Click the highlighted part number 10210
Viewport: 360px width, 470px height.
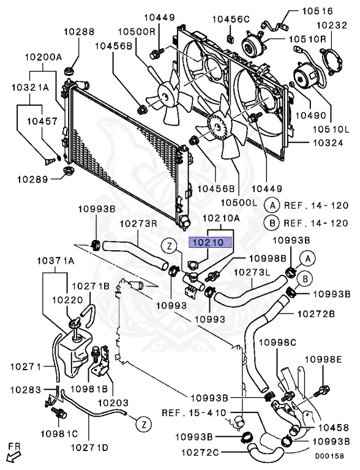210,242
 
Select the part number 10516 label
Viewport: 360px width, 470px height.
317,11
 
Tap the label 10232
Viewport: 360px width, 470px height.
332,25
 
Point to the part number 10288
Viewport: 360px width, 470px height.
79,31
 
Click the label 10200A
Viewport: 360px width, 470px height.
43,57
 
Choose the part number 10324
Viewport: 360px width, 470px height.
328,143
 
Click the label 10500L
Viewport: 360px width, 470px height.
239,203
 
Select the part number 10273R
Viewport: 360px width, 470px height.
139,223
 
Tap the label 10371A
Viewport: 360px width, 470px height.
56,261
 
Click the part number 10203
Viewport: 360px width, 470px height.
114,403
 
